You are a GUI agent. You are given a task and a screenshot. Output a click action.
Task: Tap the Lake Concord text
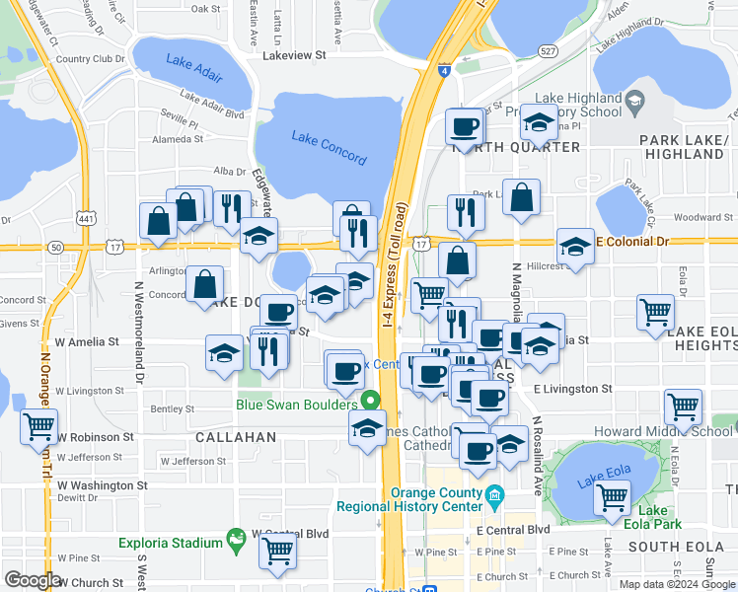pos(330,147)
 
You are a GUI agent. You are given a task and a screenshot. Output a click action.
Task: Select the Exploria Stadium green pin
pos(236,539)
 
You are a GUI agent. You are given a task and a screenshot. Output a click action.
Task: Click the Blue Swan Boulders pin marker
pos(370,401)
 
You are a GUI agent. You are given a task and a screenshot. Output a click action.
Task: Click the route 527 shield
pos(548,49)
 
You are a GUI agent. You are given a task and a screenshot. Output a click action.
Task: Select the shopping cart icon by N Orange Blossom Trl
pos(38,426)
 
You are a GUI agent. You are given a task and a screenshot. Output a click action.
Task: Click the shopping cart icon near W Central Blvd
pos(278,551)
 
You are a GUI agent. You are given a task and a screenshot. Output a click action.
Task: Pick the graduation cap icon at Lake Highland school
pos(539,122)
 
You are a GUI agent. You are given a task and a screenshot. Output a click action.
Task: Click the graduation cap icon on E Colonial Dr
pos(574,246)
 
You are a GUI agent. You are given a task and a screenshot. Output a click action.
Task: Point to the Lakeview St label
pos(294,56)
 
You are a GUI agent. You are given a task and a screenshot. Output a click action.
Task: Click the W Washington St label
pos(102,485)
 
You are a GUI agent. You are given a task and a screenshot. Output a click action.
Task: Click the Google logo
pos(32,580)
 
